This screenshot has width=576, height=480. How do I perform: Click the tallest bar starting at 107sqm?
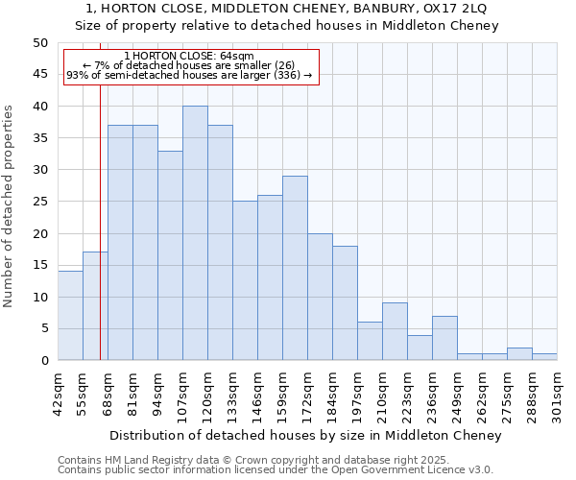click(195, 233)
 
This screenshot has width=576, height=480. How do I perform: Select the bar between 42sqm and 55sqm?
click(70, 316)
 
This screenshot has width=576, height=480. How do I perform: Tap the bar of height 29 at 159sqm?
click(295, 268)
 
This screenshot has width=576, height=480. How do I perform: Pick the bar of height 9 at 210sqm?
click(395, 331)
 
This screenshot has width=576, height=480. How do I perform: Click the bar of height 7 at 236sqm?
click(444, 338)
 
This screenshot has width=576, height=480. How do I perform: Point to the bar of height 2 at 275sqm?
click(519, 354)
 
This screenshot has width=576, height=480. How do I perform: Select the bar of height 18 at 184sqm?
click(345, 303)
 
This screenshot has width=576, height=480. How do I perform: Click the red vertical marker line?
click(100, 240)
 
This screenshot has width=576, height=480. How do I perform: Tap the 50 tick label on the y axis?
click(39, 43)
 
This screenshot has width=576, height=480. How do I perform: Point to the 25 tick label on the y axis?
click(39, 202)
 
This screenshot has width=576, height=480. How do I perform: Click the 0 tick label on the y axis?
click(43, 361)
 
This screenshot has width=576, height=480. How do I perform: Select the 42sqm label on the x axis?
click(58, 391)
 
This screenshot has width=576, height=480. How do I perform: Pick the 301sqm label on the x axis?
click(557, 391)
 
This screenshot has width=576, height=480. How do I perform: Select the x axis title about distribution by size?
click(305, 436)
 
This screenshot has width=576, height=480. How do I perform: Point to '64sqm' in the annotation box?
click(235, 56)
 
